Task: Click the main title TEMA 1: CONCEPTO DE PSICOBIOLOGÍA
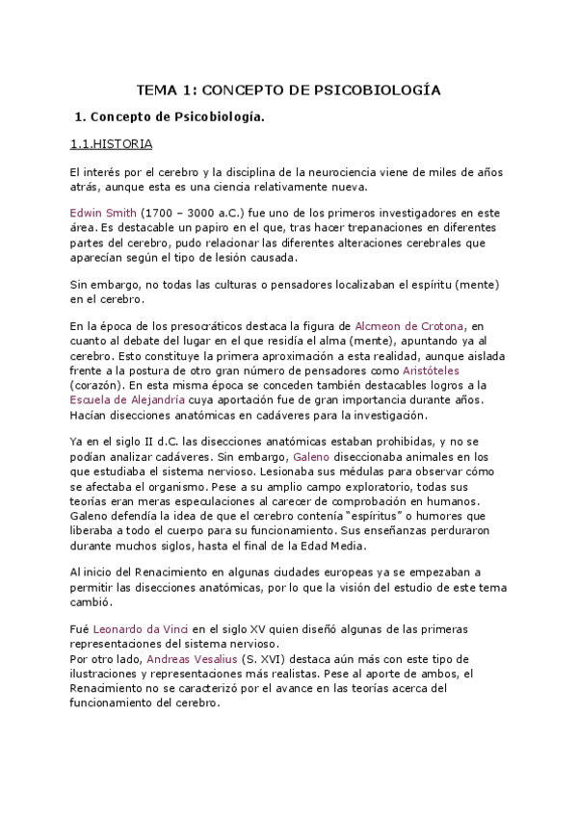point(289,89)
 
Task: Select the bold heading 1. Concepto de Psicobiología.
point(169,117)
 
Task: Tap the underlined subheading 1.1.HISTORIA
point(112,145)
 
